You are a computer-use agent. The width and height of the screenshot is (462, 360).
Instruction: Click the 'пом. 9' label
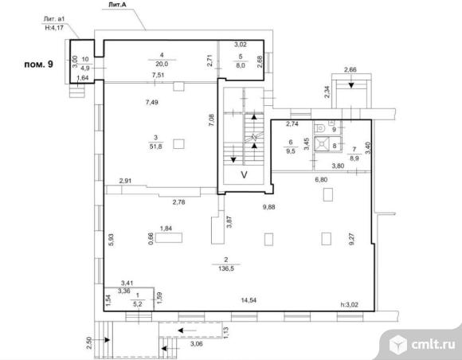tap(38, 64)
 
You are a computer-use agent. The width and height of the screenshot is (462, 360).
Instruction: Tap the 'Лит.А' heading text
tap(118, 5)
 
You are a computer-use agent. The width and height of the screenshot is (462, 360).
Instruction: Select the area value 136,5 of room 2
tap(226, 268)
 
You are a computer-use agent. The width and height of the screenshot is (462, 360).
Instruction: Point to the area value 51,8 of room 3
tap(155, 147)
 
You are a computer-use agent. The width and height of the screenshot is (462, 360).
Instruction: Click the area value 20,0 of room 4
tap(162, 64)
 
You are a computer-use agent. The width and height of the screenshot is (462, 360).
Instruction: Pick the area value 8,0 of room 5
tap(241, 65)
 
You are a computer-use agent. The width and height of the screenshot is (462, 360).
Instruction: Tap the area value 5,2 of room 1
tap(138, 304)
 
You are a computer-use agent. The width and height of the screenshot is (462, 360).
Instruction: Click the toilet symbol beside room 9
tap(319, 128)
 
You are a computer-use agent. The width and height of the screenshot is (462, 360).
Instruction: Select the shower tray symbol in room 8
tap(323, 144)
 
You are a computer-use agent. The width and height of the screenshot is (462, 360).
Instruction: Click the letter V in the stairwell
tap(244, 175)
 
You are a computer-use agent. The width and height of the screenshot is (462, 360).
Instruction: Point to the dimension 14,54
tap(249, 300)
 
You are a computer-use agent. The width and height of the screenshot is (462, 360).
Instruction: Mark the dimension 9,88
tap(269, 207)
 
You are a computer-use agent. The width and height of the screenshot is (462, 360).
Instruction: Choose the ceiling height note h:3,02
tap(350, 304)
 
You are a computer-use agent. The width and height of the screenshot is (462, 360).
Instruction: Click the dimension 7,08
tap(211, 120)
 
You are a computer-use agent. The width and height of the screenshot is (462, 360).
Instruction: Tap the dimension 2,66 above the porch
tap(350, 70)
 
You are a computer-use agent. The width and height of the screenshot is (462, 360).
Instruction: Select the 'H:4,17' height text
tap(54, 28)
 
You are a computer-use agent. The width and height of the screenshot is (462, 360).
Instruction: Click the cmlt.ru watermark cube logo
tap(398, 344)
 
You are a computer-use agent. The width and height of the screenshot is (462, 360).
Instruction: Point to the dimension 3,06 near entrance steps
tap(197, 344)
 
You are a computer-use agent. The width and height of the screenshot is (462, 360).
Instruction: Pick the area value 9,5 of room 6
tap(291, 151)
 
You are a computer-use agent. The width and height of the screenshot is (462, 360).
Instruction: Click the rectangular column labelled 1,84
tap(169, 237)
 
